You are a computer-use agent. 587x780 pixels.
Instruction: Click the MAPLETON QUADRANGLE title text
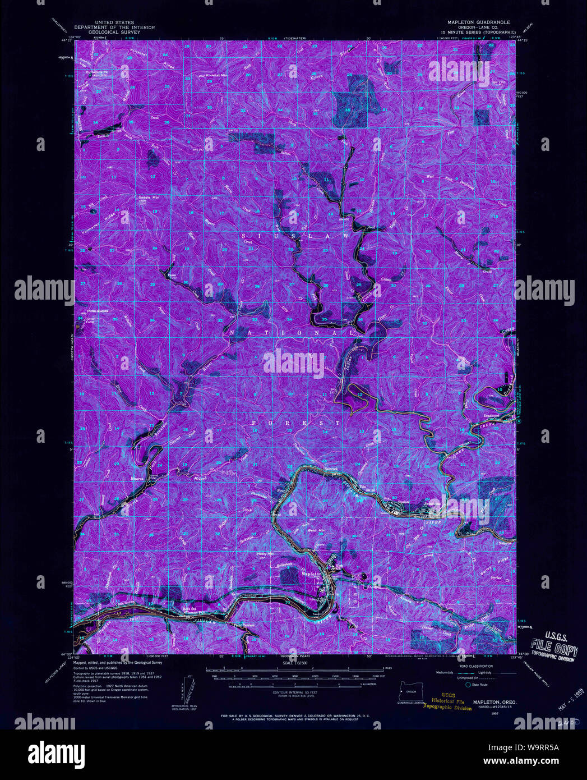click(x=478, y=22)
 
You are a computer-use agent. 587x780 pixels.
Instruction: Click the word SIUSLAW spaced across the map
click(x=295, y=237)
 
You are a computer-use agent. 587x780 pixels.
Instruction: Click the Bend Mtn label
click(x=315, y=530)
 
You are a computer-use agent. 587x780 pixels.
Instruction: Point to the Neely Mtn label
click(x=265, y=554)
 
